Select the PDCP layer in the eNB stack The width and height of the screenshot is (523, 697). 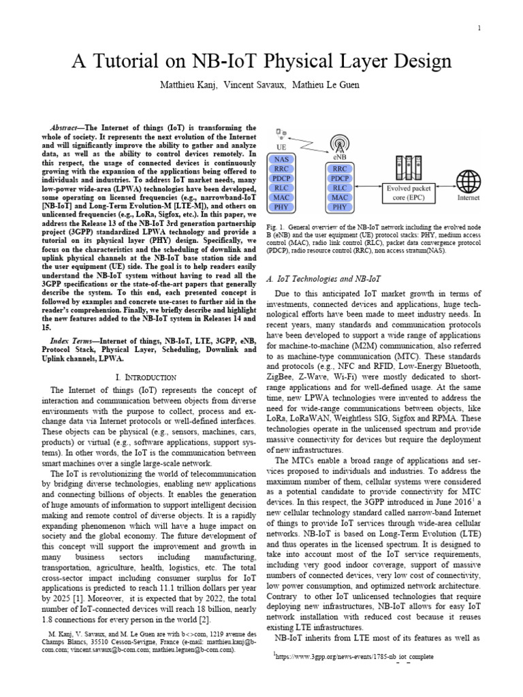[x=341, y=177]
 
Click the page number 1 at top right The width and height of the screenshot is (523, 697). [x=480, y=28]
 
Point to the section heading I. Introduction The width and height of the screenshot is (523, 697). [x=145, y=376]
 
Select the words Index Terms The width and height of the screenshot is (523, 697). [x=72, y=339]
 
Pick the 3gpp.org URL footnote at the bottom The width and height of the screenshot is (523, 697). [x=353, y=659]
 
